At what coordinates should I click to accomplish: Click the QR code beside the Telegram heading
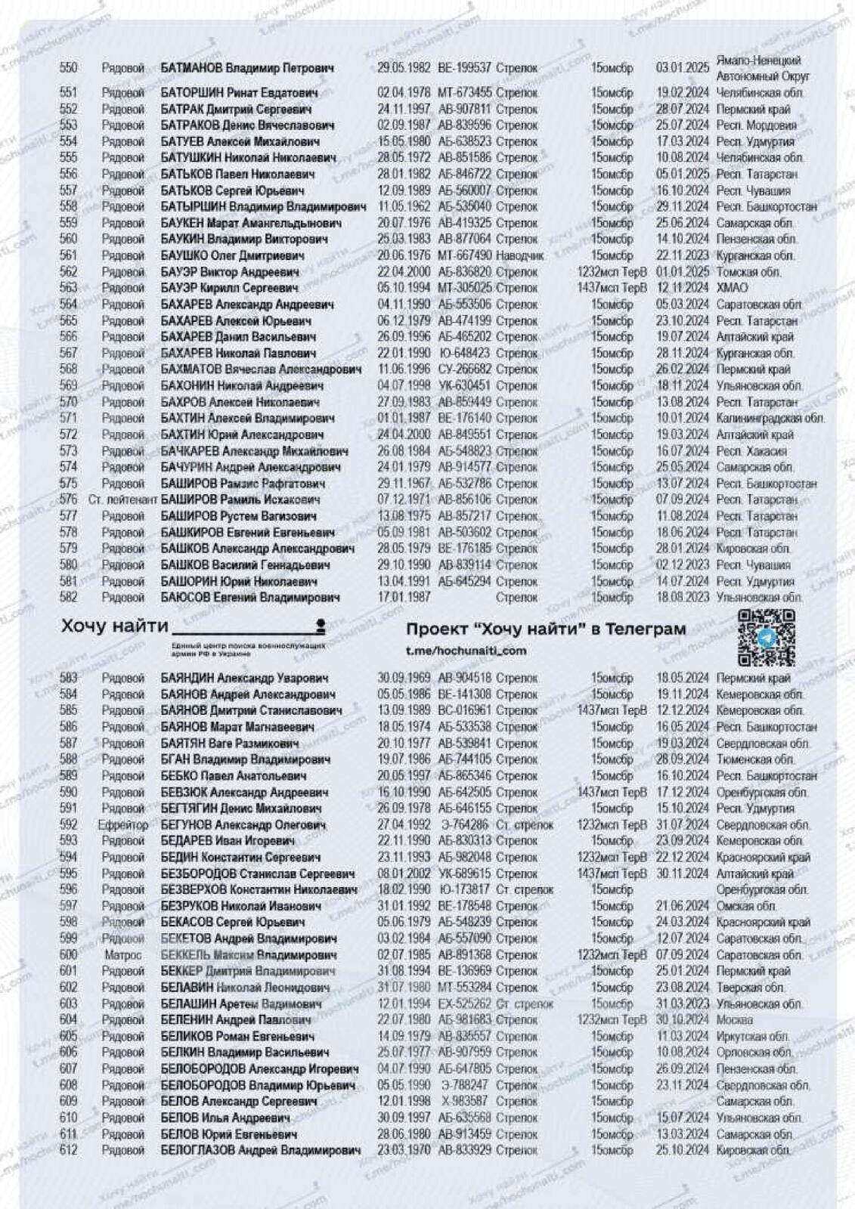[767, 637]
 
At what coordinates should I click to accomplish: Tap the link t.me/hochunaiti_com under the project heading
[466, 651]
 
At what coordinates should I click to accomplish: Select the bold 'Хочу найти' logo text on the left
[114, 626]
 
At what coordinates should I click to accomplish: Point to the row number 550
[68, 68]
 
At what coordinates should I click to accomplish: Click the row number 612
[68, 1150]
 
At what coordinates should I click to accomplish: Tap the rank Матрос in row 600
[122, 955]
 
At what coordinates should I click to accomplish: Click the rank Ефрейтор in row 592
[122, 824]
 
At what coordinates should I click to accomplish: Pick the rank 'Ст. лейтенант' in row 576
[122, 499]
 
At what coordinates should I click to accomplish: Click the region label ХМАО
[732, 288]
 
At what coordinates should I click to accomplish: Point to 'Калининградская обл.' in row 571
[770, 418]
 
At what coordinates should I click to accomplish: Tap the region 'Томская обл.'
[748, 272]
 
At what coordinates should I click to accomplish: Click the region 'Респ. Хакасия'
[751, 451]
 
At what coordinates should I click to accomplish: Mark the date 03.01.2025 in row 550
[682, 68]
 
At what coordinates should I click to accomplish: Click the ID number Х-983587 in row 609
[464, 1101]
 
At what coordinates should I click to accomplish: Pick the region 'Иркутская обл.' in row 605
[753, 1037]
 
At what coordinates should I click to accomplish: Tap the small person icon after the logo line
[321, 624]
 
